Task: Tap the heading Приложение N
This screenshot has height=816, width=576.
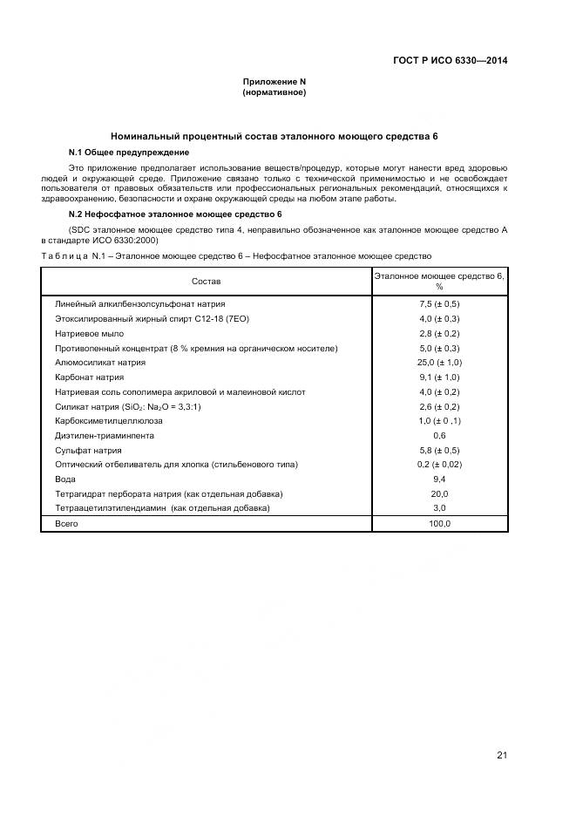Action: click(274, 81)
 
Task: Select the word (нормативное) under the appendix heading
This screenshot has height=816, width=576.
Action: click(274, 92)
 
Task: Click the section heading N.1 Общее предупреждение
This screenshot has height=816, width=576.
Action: click(123, 152)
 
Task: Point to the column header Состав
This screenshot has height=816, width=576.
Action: click(207, 282)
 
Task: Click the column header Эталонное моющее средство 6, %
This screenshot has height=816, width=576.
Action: click(439, 281)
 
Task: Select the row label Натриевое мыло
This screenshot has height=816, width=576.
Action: click(90, 334)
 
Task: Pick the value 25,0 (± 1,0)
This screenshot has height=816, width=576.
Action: click(439, 363)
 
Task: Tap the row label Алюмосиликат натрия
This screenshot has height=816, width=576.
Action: click(100, 363)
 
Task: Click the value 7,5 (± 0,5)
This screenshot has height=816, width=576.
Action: click(439, 304)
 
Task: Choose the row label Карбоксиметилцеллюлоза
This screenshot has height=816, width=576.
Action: click(110, 421)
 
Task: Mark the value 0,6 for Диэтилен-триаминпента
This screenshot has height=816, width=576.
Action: click(439, 435)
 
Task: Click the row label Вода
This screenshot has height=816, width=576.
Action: click(66, 479)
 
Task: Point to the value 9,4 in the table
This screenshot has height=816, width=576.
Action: click(439, 479)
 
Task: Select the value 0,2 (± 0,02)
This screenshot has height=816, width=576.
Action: click(439, 465)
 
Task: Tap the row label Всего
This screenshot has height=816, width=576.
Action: click(68, 523)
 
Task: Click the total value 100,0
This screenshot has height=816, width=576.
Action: click(439, 523)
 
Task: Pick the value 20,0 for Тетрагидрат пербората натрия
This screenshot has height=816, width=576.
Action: click(439, 493)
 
